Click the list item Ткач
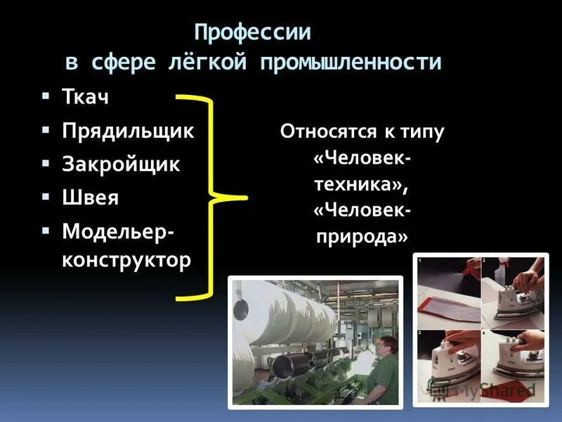[x=86, y=97]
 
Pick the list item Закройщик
[x=121, y=165]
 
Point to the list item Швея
[x=90, y=198]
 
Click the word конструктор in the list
[x=126, y=261]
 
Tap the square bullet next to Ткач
[x=46, y=95]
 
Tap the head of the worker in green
[x=386, y=347]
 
